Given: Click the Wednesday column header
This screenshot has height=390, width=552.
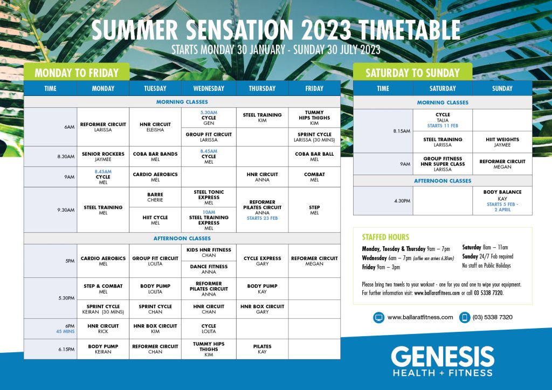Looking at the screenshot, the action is [209, 88].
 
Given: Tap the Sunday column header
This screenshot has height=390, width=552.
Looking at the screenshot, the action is [502, 88].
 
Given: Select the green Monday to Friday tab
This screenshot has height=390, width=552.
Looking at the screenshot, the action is [77, 72].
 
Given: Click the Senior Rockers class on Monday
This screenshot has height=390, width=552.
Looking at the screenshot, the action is [103, 157].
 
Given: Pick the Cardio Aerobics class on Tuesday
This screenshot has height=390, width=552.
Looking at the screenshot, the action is [155, 177].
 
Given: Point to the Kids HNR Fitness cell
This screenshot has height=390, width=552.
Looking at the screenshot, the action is [209, 253].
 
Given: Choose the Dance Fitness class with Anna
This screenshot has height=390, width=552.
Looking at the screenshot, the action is [209, 269].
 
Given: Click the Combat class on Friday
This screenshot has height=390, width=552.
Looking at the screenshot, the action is [314, 177].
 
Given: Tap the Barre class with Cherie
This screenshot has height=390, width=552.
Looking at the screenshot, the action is [155, 197].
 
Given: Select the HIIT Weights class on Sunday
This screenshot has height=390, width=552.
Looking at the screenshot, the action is [502, 142].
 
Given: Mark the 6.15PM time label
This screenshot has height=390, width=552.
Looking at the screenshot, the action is [66, 349].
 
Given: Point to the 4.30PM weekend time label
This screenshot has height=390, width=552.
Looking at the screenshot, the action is [402, 201].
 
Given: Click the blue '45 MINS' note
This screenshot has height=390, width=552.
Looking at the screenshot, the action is [65, 331].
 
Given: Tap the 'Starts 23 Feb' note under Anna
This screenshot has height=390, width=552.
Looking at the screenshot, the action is [263, 218].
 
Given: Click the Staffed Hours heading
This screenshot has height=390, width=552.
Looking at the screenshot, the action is [385, 237].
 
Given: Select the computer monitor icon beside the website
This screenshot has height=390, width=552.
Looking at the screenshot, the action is [379, 318].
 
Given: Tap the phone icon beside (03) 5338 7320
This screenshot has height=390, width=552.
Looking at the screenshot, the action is [465, 318].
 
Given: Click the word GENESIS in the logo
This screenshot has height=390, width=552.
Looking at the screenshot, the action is [443, 357].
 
